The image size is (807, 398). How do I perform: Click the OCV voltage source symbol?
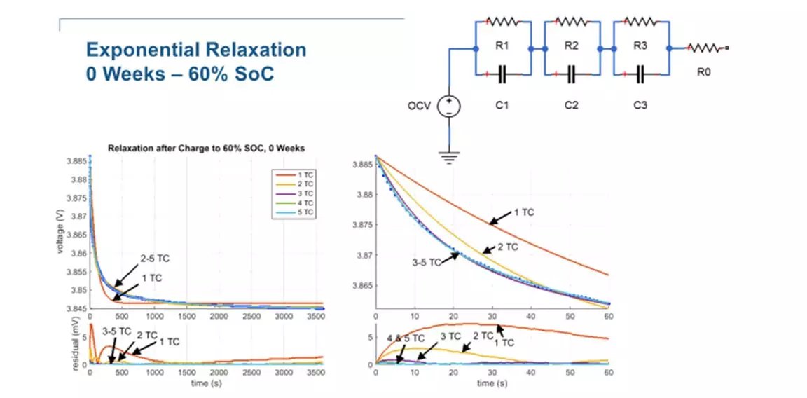pyautogui.click(x=448, y=106)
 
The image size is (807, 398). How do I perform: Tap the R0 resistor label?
pyautogui.click(x=703, y=71)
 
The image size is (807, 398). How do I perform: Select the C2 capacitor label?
pyautogui.click(x=571, y=106)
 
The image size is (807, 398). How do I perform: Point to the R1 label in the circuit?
pyautogui.click(x=502, y=46)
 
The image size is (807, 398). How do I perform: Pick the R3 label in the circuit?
pyautogui.click(x=640, y=46)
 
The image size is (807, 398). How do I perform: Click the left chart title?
pyautogui.click(x=207, y=148)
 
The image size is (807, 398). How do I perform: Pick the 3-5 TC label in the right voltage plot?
pyautogui.click(x=426, y=262)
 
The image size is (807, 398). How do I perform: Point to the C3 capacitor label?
pyautogui.click(x=640, y=106)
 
